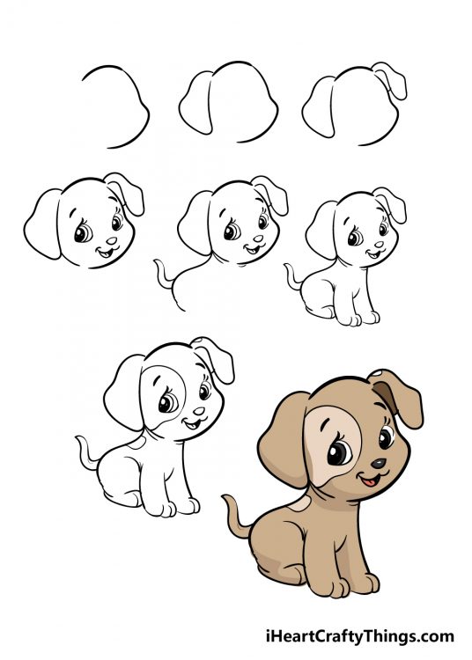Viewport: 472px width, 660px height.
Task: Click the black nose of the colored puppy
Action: click(377, 463)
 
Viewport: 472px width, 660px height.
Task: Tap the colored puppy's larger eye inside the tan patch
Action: click(338, 454)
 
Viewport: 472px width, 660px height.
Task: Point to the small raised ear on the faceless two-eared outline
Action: click(390, 79)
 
